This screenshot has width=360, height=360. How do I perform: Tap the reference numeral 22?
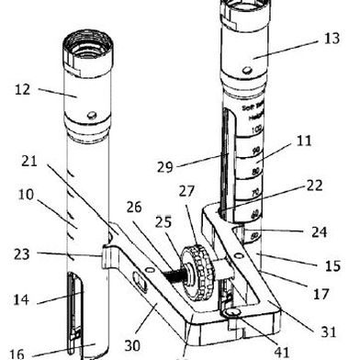coord(315,186)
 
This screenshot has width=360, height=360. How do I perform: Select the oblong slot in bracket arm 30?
coord(140,278)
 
